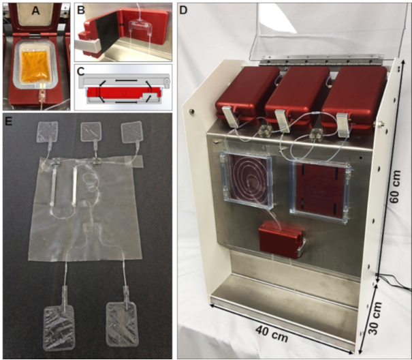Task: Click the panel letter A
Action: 35,10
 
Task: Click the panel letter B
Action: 81,10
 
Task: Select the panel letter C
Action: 81,71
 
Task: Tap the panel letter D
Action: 183,10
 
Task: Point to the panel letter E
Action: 9,121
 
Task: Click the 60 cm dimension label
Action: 395,186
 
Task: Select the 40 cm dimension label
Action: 272,333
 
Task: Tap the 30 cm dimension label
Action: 375,318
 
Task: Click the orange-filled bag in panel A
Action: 35,66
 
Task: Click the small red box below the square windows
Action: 281,239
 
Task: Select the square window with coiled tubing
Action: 247,179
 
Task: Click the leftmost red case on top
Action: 247,93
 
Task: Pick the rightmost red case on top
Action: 353,96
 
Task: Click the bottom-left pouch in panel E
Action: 59,328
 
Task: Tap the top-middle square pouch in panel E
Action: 91,132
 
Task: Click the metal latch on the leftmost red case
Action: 230,117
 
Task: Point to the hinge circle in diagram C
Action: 166,81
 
